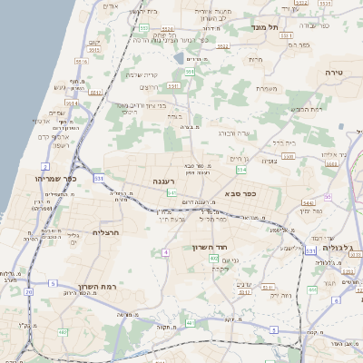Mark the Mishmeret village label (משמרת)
click(265, 88)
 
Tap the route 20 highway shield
click(28, 292)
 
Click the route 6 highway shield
click(336, 300)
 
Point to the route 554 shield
click(240, 170)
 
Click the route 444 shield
click(312, 290)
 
